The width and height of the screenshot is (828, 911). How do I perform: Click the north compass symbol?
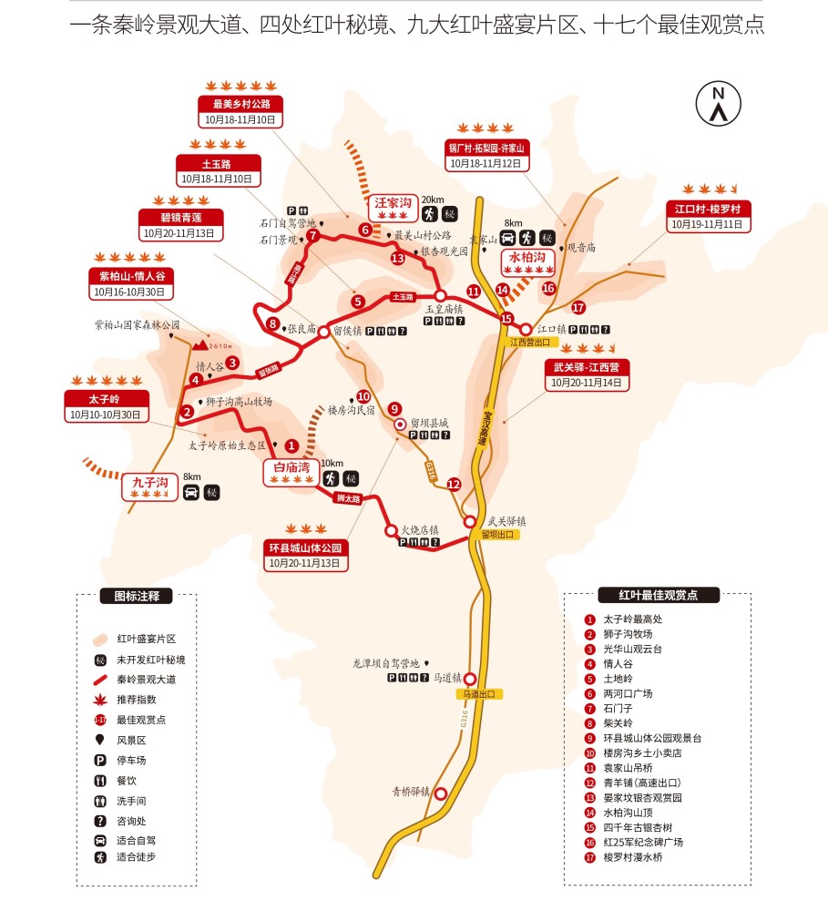coord(718,103)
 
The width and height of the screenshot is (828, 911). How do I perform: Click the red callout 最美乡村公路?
coord(242,103)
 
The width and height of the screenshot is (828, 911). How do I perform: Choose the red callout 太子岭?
coord(104,399)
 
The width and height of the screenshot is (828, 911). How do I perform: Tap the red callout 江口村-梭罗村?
coord(707,209)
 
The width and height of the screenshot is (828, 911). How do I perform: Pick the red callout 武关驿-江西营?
coord(587,367)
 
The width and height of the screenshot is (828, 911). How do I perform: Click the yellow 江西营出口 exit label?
coord(531,343)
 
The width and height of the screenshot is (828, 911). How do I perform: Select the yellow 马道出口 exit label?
coord(477,694)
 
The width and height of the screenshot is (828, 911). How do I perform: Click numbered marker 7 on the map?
coord(312,236)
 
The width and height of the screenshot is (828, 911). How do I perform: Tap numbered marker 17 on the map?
coord(578,308)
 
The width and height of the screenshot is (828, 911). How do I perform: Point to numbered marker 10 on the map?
coord(363,396)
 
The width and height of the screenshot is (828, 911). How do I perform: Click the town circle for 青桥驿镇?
coord(441,793)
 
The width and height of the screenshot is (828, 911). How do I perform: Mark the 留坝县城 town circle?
coord(399,424)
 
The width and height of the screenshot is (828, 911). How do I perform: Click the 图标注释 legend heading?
coord(137,597)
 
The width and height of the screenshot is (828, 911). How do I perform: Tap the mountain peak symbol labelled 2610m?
coord(199,344)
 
